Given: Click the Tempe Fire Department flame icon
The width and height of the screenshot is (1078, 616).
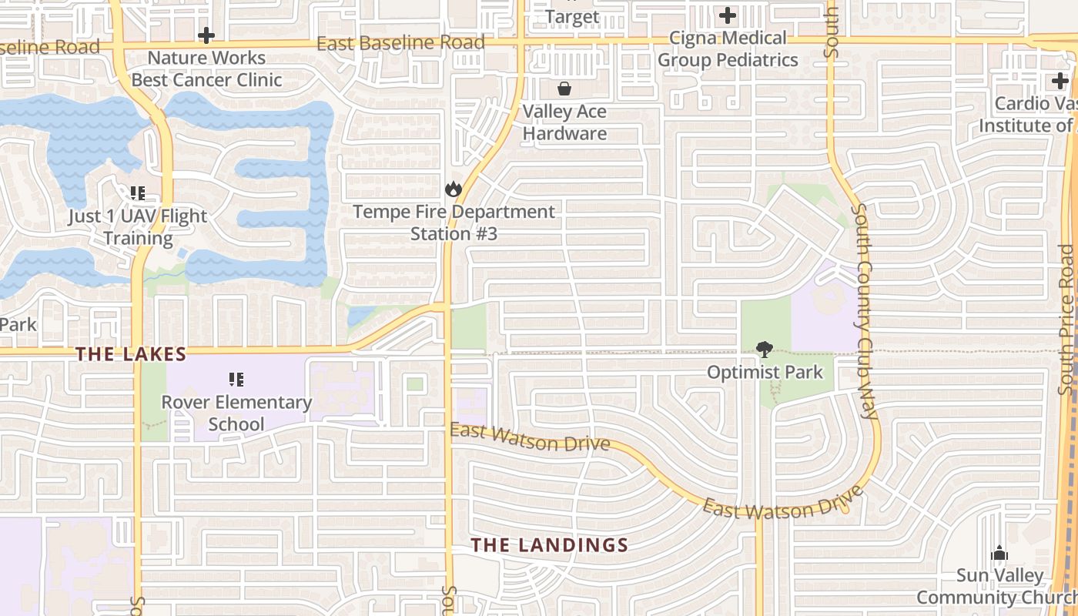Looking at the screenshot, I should [453, 189].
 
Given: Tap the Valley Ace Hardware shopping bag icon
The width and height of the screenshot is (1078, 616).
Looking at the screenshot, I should [564, 89].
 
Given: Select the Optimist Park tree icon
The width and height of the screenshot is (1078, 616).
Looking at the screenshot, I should [764, 350].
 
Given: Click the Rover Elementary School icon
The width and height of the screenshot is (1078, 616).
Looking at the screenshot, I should [236, 379].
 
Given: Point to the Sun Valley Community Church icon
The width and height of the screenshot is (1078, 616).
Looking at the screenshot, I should [999, 553].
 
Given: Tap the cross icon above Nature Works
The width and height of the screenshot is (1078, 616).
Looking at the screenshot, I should [206, 35].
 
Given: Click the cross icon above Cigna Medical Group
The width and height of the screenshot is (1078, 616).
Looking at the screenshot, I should [727, 15].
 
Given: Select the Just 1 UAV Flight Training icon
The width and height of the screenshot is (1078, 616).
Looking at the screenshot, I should [138, 193].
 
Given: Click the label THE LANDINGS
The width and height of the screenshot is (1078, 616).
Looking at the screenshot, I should [550, 545].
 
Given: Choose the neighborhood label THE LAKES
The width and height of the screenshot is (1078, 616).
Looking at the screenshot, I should [131, 354].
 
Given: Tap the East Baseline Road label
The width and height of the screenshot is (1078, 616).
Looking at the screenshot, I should [400, 43].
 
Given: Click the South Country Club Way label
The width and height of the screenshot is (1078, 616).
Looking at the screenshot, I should [865, 311].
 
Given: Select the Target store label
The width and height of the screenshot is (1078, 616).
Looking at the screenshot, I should [572, 16].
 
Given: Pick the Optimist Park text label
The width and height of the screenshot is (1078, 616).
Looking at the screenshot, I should [765, 373].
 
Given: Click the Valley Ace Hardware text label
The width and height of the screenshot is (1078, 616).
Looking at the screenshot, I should [564, 122].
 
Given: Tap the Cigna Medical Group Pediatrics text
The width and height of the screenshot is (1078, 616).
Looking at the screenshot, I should [728, 49].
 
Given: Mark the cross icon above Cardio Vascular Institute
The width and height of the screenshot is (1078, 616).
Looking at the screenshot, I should [1060, 80].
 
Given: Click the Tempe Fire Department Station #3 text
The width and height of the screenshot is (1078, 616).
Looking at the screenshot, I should [454, 223].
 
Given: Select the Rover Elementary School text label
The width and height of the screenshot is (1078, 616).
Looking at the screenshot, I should [236, 413].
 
